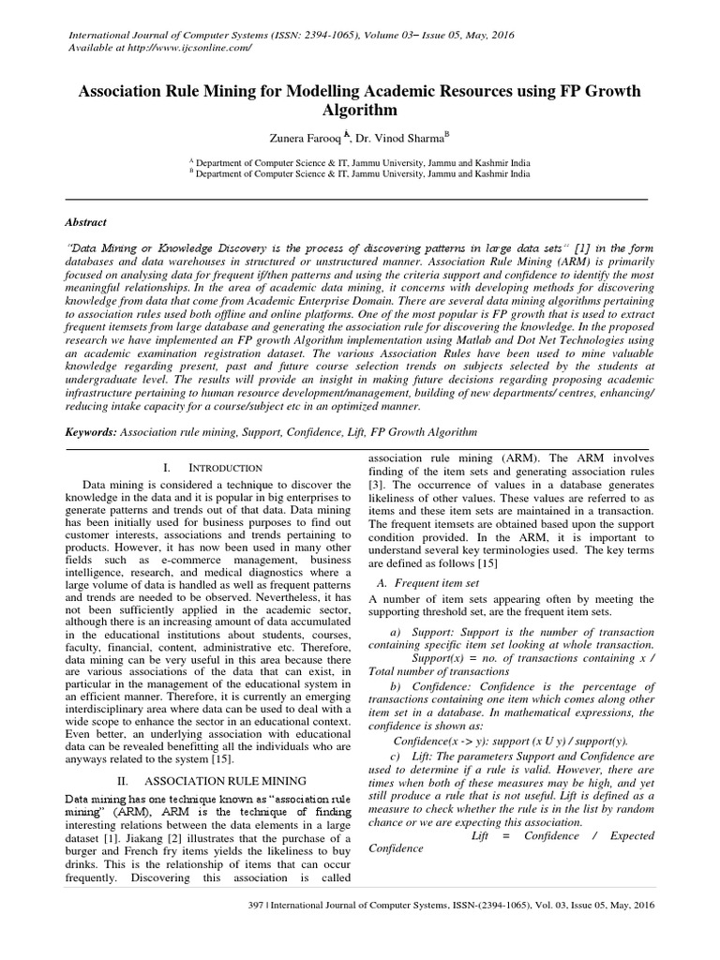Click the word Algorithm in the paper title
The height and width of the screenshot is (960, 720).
360,112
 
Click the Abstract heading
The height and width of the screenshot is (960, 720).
86,223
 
